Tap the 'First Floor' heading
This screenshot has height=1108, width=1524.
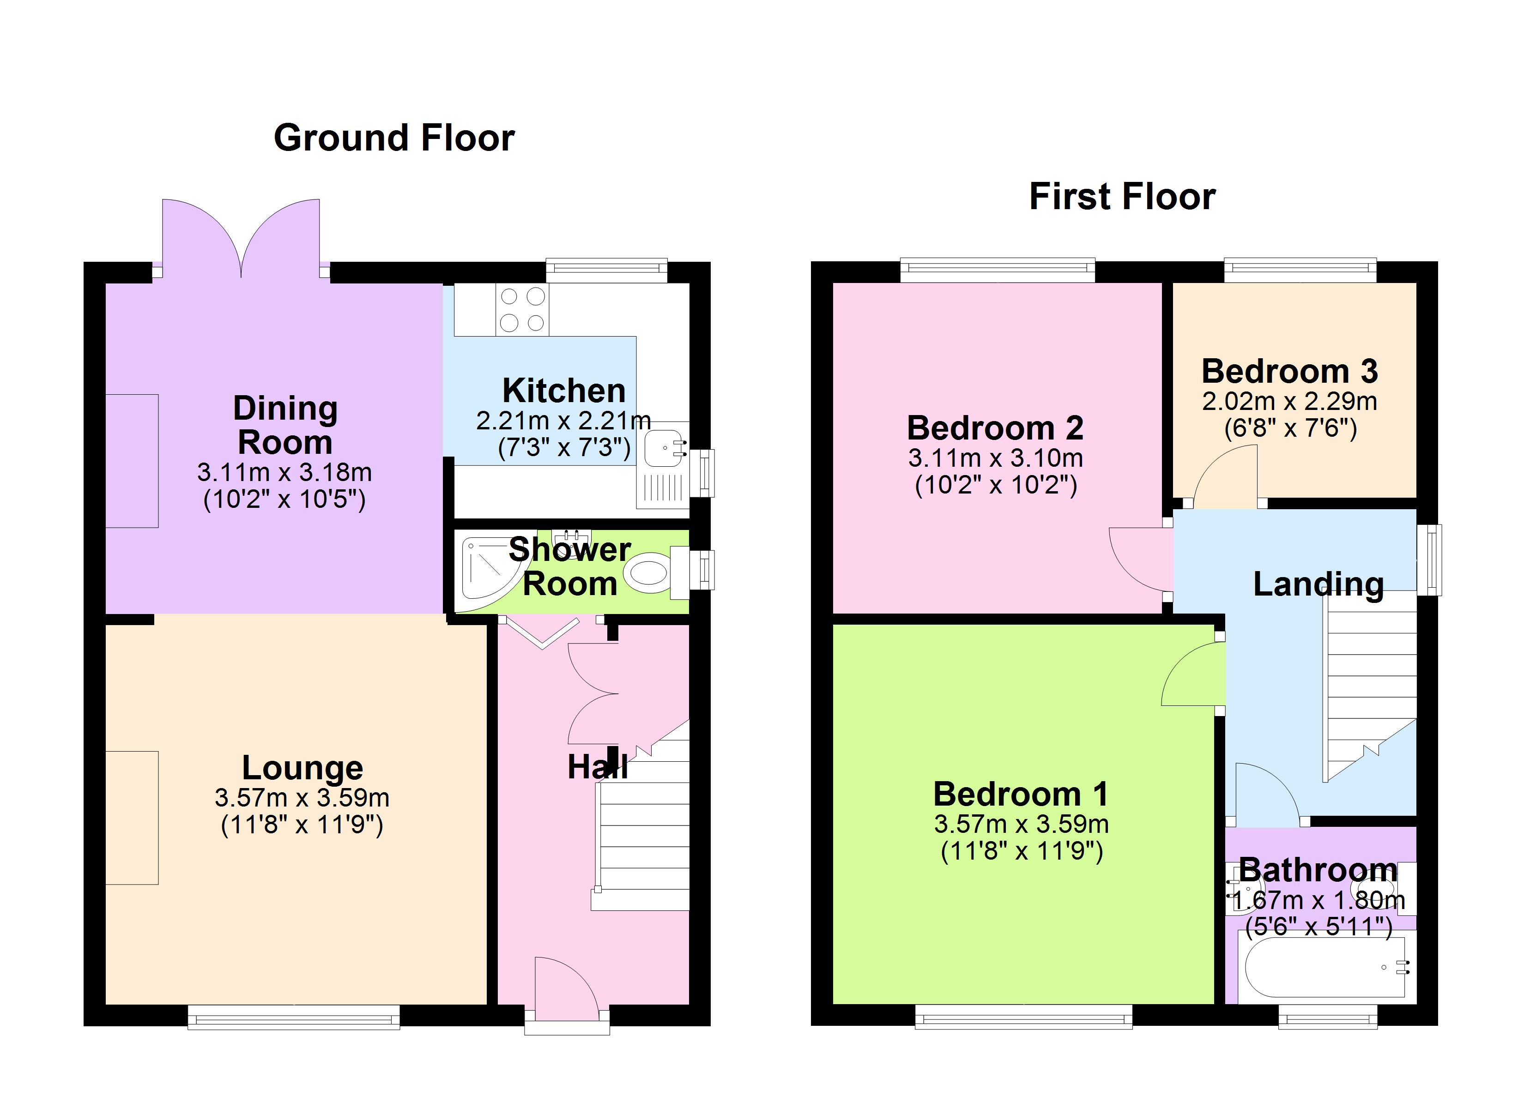click(x=1122, y=197)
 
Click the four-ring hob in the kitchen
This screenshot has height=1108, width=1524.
click(x=522, y=310)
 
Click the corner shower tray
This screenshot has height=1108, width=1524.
click(x=490, y=571)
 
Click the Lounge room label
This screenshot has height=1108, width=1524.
click(x=302, y=767)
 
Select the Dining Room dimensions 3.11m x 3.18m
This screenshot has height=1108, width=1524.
click(x=284, y=472)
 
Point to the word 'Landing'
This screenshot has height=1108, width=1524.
click(x=1318, y=584)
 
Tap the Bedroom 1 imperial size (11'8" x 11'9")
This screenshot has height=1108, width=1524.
click(x=1022, y=851)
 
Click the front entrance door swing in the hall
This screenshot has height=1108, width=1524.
click(x=566, y=983)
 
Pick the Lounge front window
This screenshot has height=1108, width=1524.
click(x=294, y=1017)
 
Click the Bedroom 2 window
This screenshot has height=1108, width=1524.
click(x=997, y=270)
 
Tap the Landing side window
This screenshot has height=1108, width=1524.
click(x=1429, y=560)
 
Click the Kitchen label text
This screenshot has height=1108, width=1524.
click(x=564, y=391)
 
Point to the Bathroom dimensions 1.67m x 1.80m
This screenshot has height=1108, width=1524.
click(x=1318, y=900)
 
